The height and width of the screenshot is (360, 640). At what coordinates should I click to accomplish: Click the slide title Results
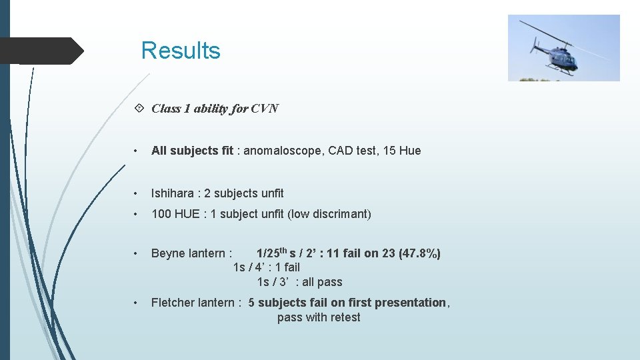pyautogui.click(x=181, y=51)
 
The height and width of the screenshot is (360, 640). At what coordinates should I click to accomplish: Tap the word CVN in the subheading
pyautogui.click(x=265, y=109)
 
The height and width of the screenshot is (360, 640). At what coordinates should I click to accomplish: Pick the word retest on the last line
pyautogui.click(x=345, y=317)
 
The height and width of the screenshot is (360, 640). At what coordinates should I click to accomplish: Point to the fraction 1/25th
pyautogui.click(x=272, y=253)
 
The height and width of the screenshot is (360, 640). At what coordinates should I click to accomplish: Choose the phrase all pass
pyautogui.click(x=322, y=282)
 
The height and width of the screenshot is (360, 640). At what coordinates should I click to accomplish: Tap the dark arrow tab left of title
pyautogui.click(x=43, y=51)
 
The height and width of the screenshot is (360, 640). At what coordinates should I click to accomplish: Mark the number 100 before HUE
pyautogui.click(x=161, y=214)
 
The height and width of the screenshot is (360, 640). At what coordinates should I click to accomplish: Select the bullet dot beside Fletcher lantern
pyautogui.click(x=136, y=303)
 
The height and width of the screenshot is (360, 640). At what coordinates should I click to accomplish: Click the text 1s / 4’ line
pyautogui.click(x=266, y=267)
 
